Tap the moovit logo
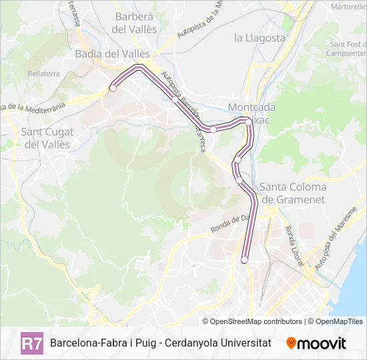click(x=316, y=343)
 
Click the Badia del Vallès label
click(x=112, y=53)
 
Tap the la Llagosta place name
click(x=260, y=38)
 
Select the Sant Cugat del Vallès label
click(x=46, y=138)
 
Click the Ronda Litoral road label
click(x=293, y=244)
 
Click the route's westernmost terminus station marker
click(x=113, y=88)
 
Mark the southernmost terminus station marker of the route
click(x=244, y=260)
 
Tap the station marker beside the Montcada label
click(x=248, y=121)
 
